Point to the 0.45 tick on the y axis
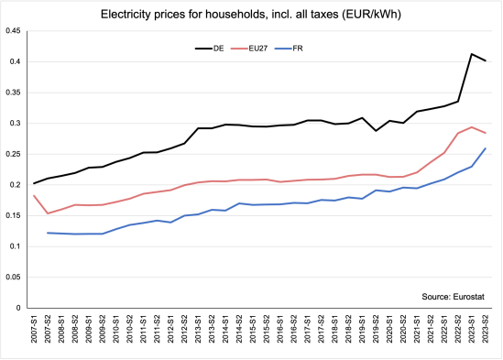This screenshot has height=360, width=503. (x=13, y=30)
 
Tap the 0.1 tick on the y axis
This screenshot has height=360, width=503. (x=16, y=246)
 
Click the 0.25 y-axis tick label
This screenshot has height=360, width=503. (x=13, y=154)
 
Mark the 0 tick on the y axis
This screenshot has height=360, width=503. (x=20, y=308)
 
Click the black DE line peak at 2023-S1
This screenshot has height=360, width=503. (x=471, y=54)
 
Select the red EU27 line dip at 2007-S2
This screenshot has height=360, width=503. (x=49, y=213)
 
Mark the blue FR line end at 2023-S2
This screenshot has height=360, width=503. (x=485, y=148)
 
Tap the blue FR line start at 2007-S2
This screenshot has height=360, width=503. (x=49, y=233)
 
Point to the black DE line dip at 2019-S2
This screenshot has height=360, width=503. (x=376, y=131)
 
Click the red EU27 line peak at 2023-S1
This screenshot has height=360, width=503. (x=471, y=127)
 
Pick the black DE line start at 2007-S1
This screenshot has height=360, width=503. (x=35, y=183)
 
